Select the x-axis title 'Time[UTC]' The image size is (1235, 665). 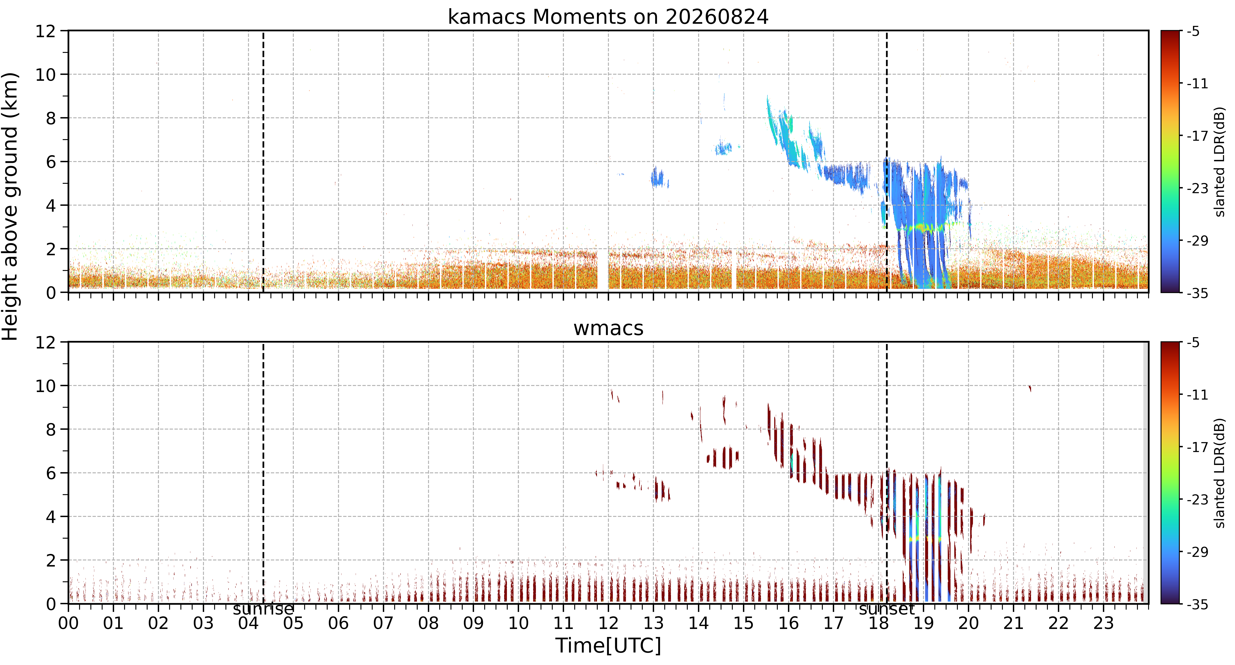[608, 645]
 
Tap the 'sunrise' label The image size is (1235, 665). [263, 609]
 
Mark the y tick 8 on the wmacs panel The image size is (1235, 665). [51, 429]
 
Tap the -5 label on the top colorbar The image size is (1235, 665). [1194, 32]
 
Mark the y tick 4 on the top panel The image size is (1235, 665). [51, 205]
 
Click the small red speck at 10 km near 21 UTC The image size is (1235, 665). [1030, 388]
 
